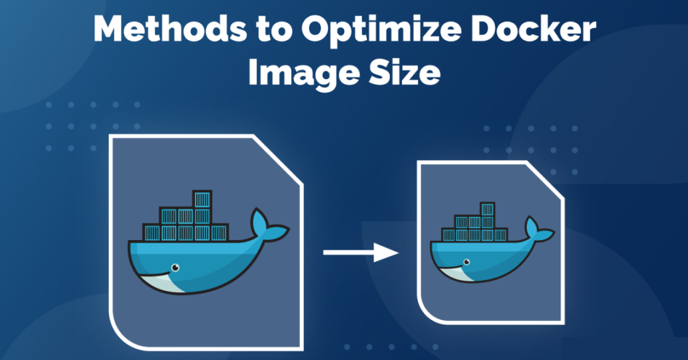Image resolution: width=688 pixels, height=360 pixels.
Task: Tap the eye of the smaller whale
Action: [467, 261]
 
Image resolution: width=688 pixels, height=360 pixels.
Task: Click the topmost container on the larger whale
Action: [202, 199]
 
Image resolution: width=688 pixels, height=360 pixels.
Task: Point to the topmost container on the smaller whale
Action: [487, 210]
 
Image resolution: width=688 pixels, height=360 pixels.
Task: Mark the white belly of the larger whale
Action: [159, 282]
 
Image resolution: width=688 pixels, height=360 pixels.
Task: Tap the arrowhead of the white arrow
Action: [387, 252]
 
